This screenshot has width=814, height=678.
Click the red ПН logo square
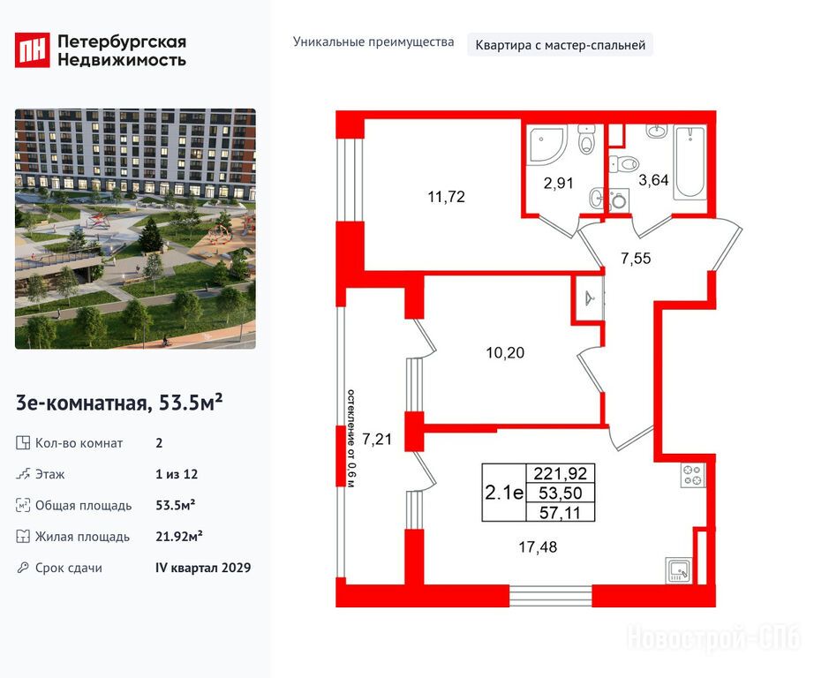[x=32, y=49]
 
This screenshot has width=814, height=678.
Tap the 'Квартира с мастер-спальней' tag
[x=560, y=45]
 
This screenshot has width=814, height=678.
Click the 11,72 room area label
[x=447, y=197]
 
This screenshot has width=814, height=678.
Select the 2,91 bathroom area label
[x=559, y=183]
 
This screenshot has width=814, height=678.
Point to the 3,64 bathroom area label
[x=653, y=180]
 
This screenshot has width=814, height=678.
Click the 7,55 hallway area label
[x=636, y=258]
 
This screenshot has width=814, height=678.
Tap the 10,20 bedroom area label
[x=505, y=353]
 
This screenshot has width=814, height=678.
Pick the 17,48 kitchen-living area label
[x=538, y=546]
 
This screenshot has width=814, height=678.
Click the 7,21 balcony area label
[x=377, y=439]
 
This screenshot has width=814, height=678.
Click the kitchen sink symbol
[x=679, y=570]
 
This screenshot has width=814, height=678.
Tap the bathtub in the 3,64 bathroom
[x=690, y=162]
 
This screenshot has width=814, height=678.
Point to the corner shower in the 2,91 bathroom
[x=547, y=147]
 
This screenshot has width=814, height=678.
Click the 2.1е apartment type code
[x=504, y=492]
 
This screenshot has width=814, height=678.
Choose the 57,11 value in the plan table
[x=560, y=513]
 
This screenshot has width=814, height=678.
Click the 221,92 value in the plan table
[x=560, y=473]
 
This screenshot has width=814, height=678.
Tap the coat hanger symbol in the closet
[x=589, y=299]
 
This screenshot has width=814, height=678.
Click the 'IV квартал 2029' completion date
[x=203, y=568]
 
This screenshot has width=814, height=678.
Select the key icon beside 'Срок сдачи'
[x=22, y=568]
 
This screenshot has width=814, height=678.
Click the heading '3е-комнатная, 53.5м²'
[x=119, y=403]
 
